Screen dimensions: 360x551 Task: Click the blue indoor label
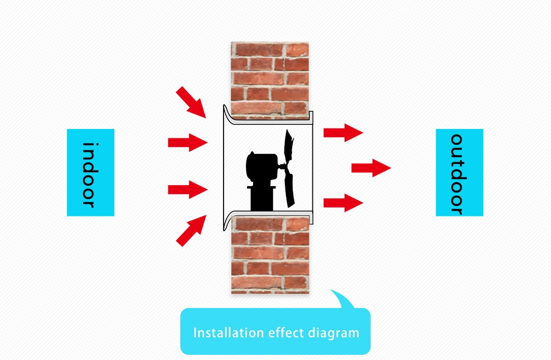tap(90, 172)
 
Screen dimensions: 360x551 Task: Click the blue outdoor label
tap(459, 172)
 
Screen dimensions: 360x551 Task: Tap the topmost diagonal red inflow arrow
tap(191, 102)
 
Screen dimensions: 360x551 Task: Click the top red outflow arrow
tap(343, 132)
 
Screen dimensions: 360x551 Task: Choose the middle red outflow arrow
tap(371, 168)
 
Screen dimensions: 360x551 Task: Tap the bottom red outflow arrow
tap(343, 202)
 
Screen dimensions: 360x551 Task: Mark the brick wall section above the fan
tap(270, 78)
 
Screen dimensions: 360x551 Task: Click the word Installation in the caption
tap(224, 332)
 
